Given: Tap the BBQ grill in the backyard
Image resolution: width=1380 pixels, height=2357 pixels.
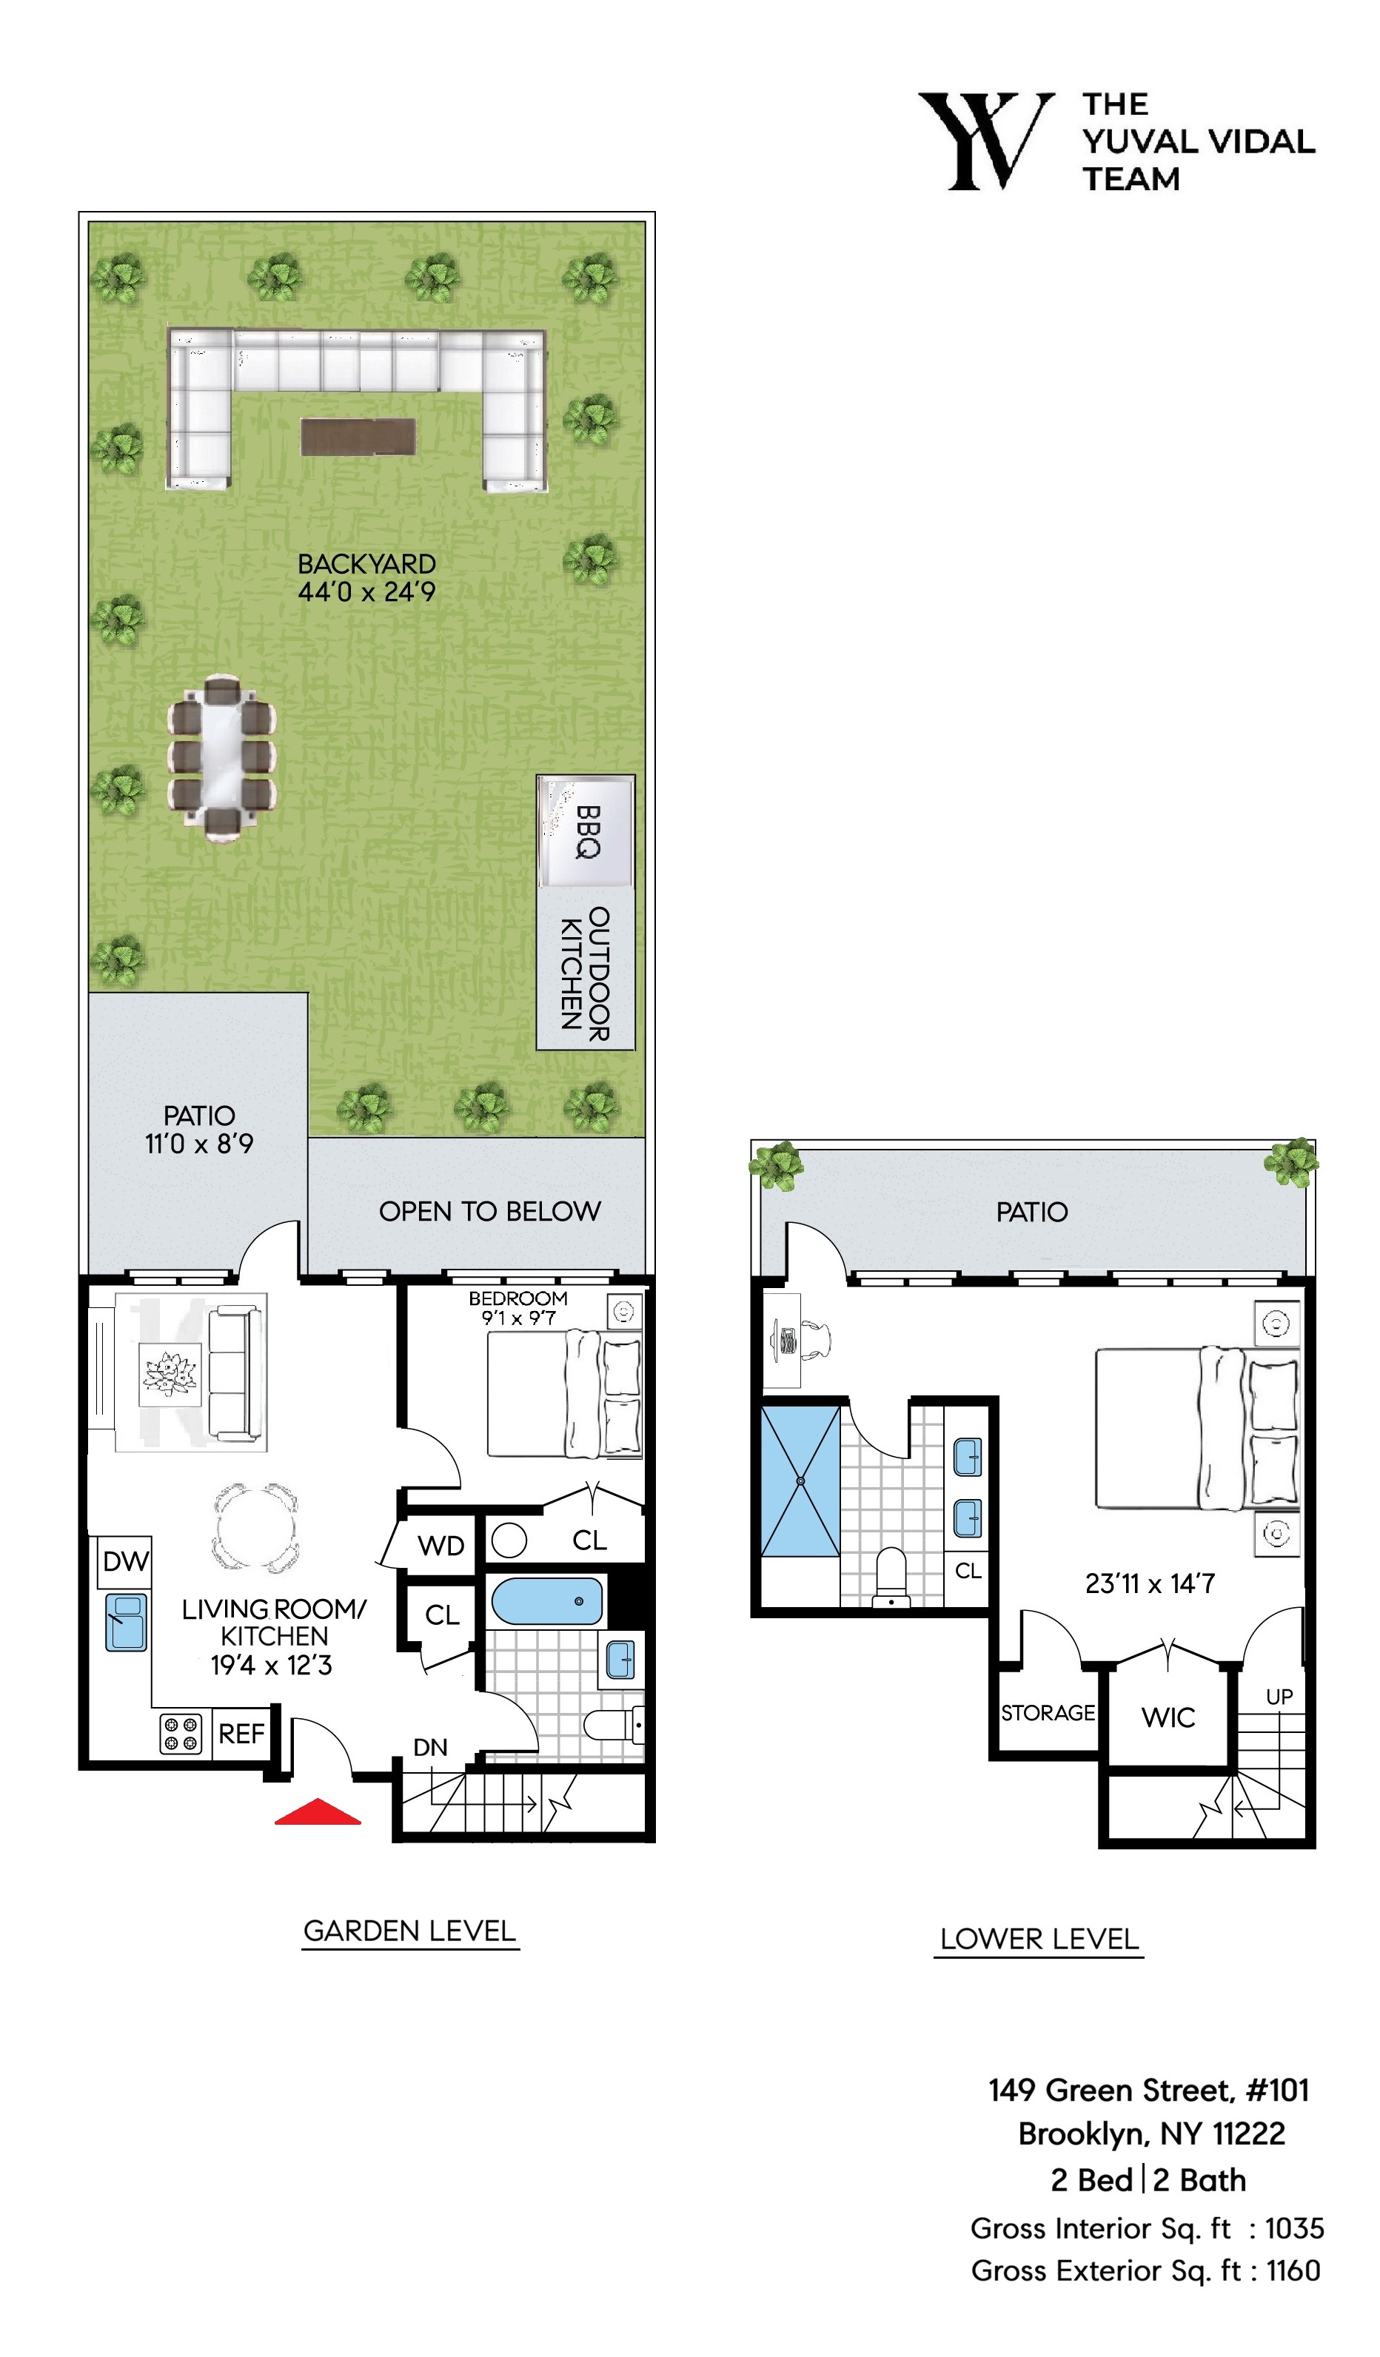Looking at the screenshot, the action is click(586, 831).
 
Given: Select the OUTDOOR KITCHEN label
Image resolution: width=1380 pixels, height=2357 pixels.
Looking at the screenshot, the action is click(586, 973).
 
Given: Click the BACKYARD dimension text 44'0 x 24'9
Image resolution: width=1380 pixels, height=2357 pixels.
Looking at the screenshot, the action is click(366, 592).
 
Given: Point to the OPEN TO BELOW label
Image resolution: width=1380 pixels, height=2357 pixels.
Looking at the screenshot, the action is click(489, 1211).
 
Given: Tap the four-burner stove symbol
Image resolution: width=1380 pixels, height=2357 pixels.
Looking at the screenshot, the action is click(181, 1733).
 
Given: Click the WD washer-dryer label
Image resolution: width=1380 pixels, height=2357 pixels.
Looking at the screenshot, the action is click(441, 1546).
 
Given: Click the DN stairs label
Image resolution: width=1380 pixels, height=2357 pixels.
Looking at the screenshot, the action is click(430, 1747).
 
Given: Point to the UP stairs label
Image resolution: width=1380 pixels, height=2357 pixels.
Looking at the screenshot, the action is click(1279, 1697).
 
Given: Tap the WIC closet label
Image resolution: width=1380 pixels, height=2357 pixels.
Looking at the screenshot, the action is click(1168, 1717).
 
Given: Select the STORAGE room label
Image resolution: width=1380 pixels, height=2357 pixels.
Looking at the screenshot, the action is click(1048, 1712).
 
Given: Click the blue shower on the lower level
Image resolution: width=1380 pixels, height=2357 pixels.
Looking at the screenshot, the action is click(801, 1481).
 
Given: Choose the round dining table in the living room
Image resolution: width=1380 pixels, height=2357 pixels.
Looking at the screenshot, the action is click(256, 1527).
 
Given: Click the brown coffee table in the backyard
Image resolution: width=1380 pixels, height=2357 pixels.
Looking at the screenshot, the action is click(358, 437).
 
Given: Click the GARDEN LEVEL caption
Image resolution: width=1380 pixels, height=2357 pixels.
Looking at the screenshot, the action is click(410, 1931).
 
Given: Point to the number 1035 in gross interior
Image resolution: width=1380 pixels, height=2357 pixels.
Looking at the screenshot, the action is click(1294, 2229).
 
